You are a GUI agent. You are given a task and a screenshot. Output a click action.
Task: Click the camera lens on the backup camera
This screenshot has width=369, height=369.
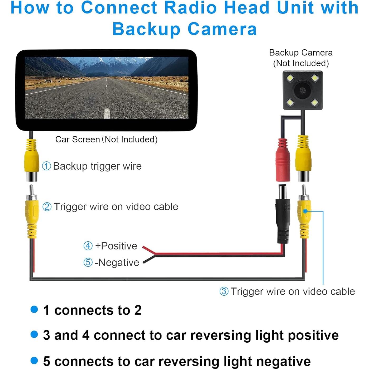tap(303, 90)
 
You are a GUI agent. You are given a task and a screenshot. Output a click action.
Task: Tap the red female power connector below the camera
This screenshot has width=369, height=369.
tap(283, 161)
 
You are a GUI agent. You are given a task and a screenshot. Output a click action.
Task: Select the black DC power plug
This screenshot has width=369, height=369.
tap(283, 214)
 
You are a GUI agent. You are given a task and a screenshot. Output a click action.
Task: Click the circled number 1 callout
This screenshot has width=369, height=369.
tap(47, 166)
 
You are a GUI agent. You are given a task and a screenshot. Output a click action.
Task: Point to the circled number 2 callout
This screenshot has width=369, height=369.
tap(47, 207)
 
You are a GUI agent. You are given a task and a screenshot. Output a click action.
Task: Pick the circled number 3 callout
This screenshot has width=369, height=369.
tap(224, 291)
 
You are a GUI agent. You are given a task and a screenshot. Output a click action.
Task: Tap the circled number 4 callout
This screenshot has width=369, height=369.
tap(88, 246)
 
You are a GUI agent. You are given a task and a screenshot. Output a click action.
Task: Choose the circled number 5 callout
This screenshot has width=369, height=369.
tap(88, 262)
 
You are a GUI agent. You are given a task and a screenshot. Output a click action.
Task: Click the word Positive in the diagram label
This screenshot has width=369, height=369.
tap(119, 246)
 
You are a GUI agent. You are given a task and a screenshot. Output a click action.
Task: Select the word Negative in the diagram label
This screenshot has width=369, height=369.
tap(119, 262)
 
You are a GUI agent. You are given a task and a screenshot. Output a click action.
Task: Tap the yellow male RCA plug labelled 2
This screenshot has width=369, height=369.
tap(32, 211)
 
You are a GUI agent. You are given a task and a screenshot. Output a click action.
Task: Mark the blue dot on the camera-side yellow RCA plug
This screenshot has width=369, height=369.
tap(305, 211)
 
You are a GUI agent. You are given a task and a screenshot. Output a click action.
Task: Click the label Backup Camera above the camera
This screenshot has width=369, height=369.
tap(301, 53)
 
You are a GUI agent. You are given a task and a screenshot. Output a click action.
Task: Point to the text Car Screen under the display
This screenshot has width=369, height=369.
tap(78, 139)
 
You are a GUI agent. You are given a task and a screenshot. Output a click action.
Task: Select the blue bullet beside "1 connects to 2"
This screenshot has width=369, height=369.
tap(34, 309)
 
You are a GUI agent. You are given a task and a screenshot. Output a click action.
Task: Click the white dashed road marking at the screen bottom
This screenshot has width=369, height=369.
tap(107, 113)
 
